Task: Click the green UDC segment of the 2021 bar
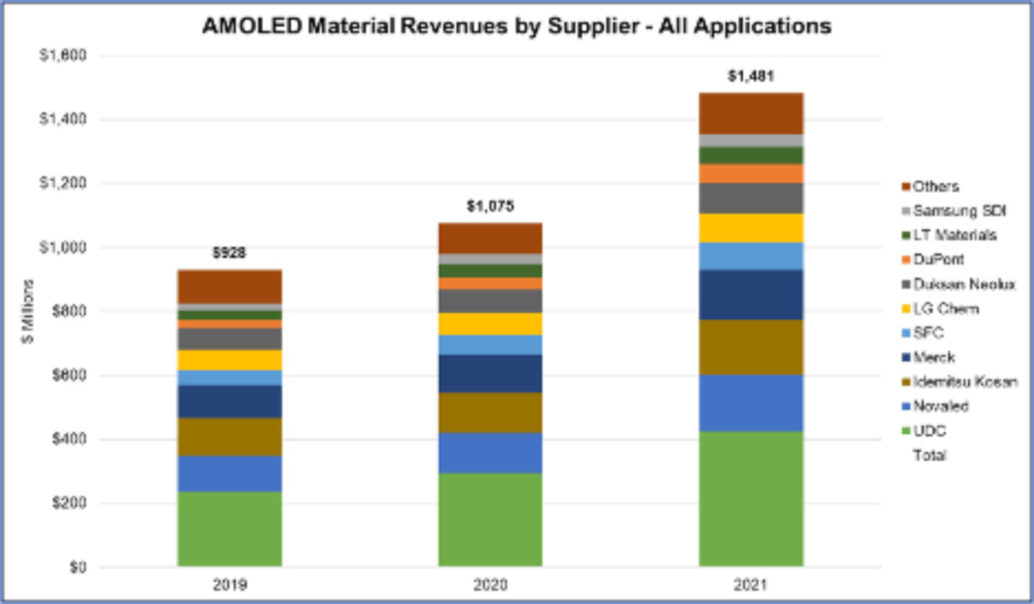751,498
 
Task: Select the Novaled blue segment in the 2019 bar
229,473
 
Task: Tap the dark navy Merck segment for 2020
489,373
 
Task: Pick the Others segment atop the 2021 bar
751,113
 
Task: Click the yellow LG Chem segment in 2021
751,227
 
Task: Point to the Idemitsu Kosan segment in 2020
489,412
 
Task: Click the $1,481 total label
751,76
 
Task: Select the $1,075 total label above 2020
489,207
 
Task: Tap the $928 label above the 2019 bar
229,254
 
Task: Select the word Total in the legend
929,455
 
